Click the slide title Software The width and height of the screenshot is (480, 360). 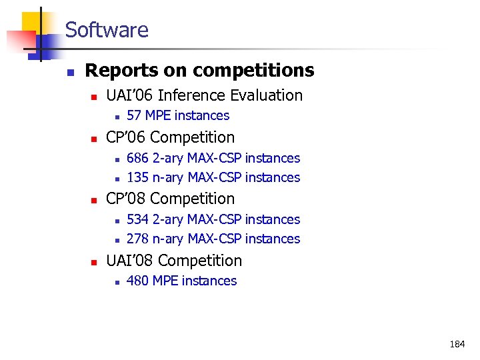(107, 30)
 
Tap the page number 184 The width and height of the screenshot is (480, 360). (457, 345)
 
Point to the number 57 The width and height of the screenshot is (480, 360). (133, 115)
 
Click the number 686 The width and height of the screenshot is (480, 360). (137, 158)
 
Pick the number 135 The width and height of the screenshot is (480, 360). (137, 177)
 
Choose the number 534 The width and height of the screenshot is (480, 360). (137, 219)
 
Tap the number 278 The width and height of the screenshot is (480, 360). (137, 239)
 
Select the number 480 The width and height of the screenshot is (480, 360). (137, 281)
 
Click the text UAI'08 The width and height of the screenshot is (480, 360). (129, 261)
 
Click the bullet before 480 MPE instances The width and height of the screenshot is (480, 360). (116, 282)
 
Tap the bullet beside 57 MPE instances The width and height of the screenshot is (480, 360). (116, 117)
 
